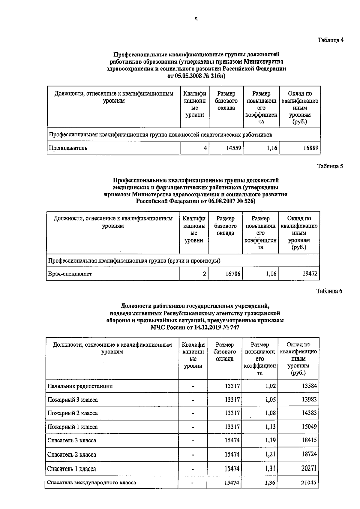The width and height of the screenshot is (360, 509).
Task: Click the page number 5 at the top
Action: pyautogui.click(x=196, y=20)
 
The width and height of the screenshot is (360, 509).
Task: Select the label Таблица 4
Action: pyautogui.click(x=330, y=40)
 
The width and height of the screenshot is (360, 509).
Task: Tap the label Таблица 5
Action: pyautogui.click(x=330, y=167)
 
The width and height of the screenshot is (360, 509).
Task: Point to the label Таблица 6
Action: pyautogui.click(x=329, y=291)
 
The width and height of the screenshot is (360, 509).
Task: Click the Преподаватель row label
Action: pyautogui.click(x=68, y=148)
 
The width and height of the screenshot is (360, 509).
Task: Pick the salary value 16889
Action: pyautogui.click(x=310, y=148)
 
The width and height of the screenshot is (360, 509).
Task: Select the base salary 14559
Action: pyautogui.click(x=233, y=148)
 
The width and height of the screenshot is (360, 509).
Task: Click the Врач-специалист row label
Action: pyautogui.click(x=70, y=274)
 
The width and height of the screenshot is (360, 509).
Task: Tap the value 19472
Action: pyautogui.click(x=309, y=274)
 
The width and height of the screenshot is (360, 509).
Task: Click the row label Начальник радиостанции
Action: pyautogui.click(x=80, y=386)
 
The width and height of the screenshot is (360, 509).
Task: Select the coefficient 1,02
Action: pyautogui.click(x=270, y=386)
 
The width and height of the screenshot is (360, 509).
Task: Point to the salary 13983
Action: pyautogui.click(x=309, y=399)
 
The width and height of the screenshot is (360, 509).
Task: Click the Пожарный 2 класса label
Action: pyautogui.click(x=73, y=413)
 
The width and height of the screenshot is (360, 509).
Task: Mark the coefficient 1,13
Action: pyautogui.click(x=270, y=427)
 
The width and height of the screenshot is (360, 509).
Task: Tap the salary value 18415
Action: pyautogui.click(x=309, y=440)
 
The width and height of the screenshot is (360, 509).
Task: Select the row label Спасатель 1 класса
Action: pyautogui.click(x=72, y=469)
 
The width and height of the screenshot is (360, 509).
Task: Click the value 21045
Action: pyautogui.click(x=309, y=483)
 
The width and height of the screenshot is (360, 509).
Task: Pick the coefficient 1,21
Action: pyautogui.click(x=270, y=454)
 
